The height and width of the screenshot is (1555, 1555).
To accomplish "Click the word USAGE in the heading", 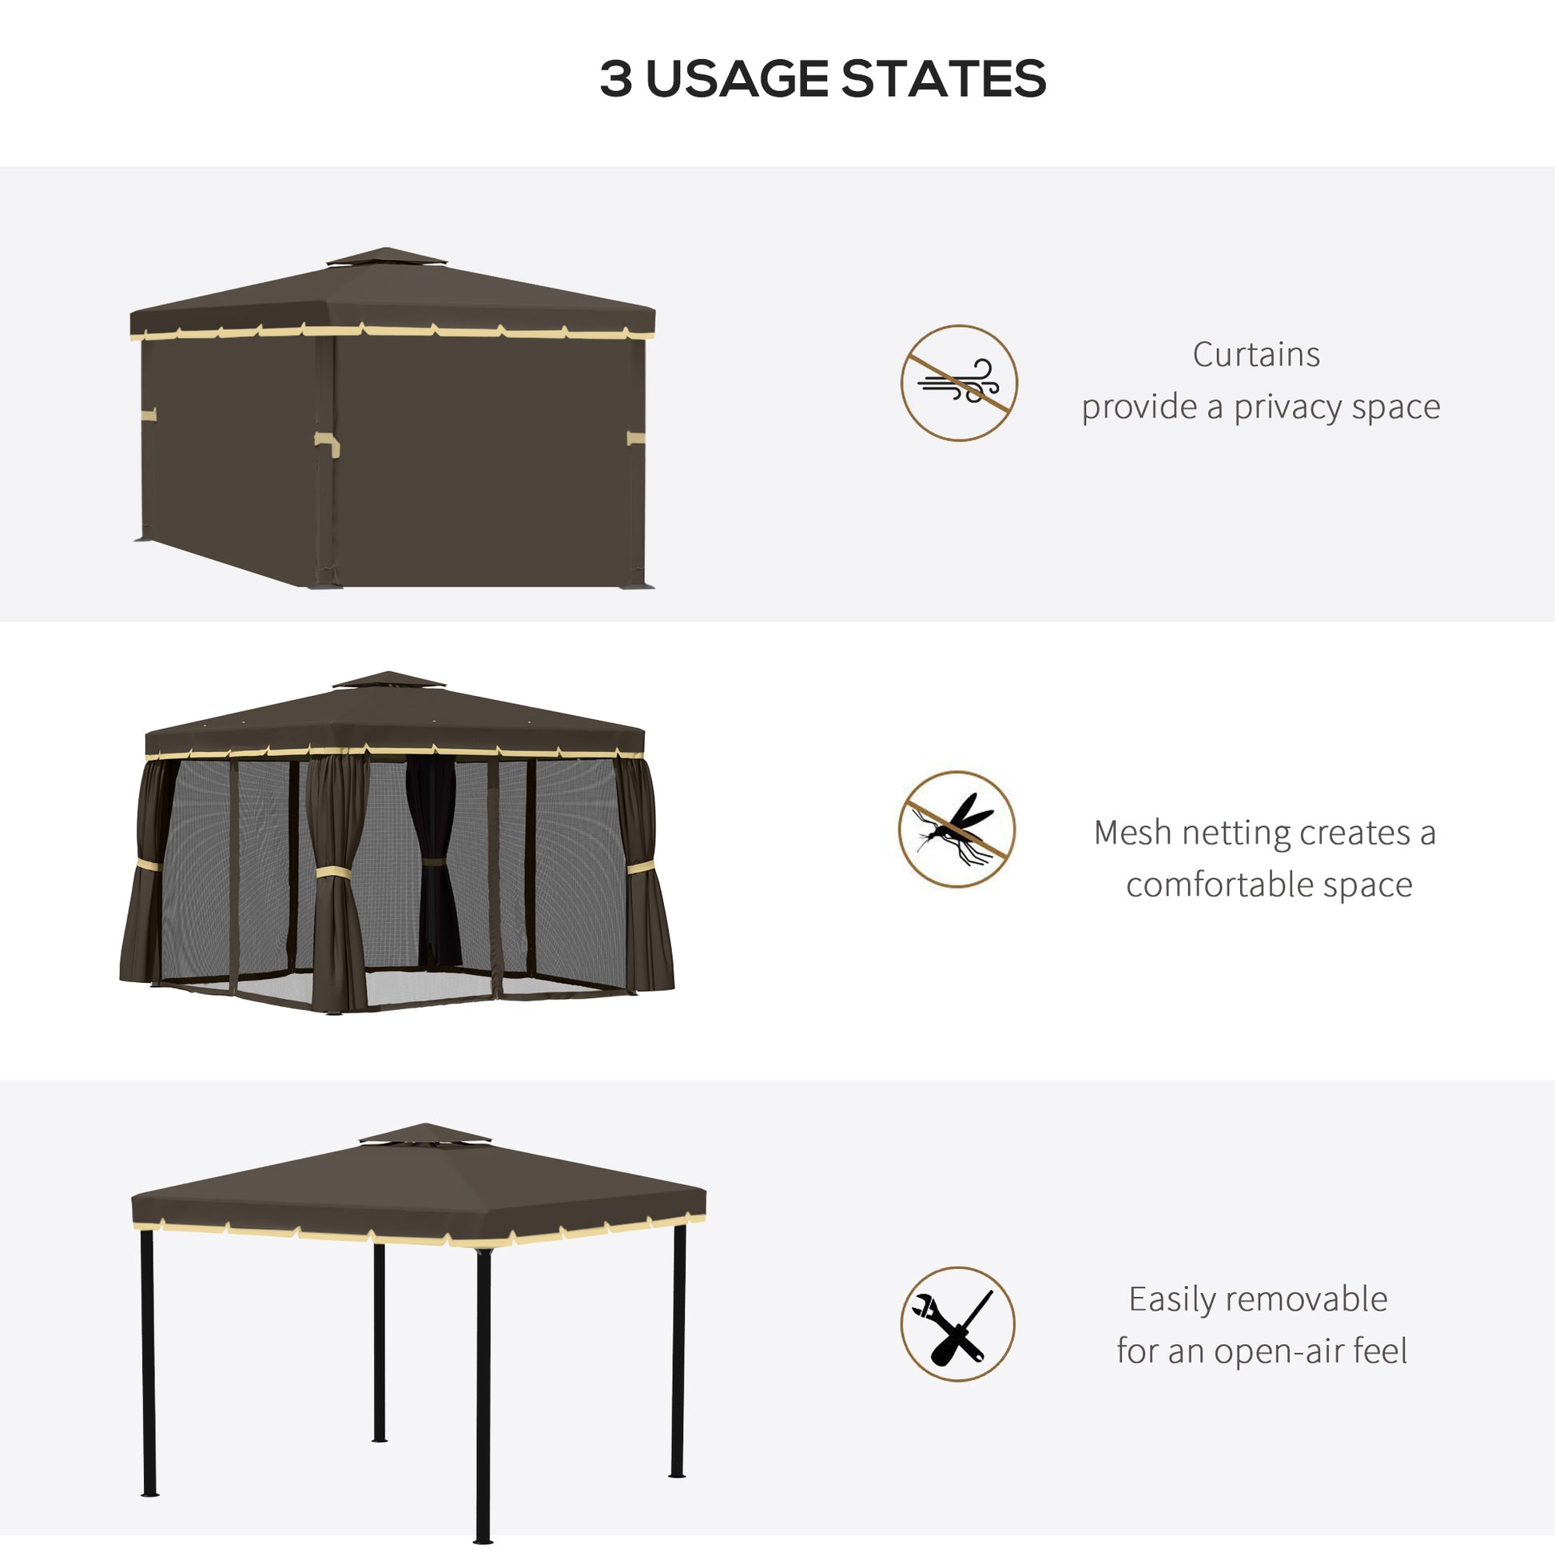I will coord(737,79).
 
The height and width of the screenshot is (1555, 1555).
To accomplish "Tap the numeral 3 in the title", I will coord(616,79).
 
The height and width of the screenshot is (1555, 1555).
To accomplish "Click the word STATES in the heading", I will coord(943,79).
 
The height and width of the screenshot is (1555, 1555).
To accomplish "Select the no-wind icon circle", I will coord(959,383).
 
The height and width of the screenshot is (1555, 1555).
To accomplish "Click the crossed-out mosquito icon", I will coord(956,829).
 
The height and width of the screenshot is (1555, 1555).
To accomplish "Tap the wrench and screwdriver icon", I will coord(957,1324).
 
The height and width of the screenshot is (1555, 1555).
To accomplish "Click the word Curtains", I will coord(1255,355).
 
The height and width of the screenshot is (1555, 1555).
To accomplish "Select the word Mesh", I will coord(1131,833).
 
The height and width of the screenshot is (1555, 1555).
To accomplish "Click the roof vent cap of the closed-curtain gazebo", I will coord(385,257).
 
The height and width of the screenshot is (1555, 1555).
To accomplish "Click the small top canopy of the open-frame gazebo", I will coord(424,1134).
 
